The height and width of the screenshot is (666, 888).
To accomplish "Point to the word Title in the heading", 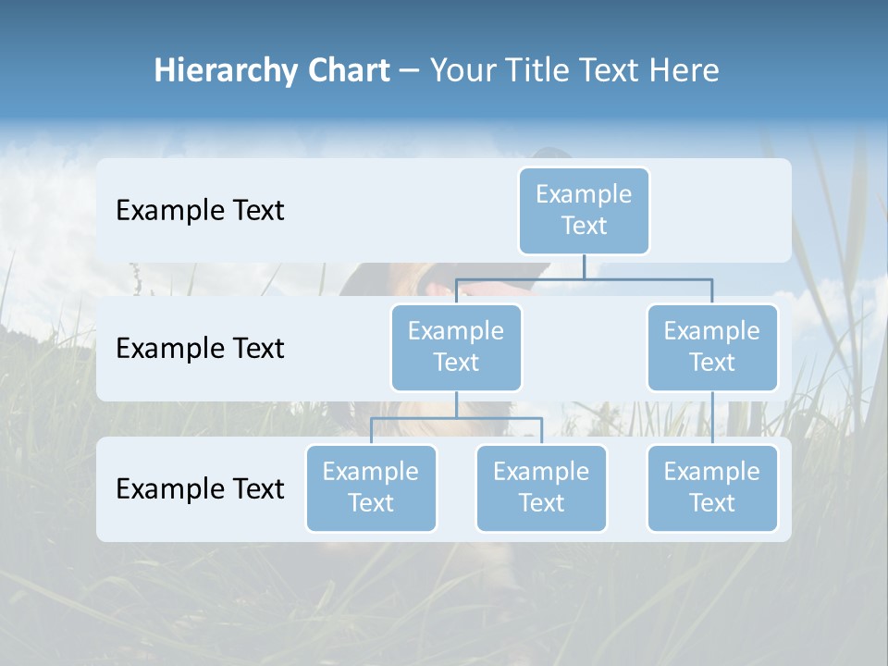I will tap(539, 71).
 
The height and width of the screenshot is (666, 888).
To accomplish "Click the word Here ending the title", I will tap(682, 71).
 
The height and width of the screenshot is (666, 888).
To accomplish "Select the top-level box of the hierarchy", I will tap(584, 210).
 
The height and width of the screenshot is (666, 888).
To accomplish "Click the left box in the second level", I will tap(456, 347).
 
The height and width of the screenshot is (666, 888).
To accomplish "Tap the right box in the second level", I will tap(712, 347).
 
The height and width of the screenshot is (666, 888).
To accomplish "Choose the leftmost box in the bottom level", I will tap(371, 487).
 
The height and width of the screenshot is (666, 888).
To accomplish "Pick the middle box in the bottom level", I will tap(541, 487).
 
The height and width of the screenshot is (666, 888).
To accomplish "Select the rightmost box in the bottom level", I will tap(712, 487).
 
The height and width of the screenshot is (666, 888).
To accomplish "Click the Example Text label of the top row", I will tap(200, 211).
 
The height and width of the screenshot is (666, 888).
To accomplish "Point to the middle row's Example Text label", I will tap(200, 349).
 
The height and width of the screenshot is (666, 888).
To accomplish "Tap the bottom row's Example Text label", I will tap(200, 488).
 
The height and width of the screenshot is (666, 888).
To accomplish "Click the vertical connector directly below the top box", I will tap(584, 266).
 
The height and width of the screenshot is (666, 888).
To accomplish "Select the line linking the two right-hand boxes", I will tap(712, 418).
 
